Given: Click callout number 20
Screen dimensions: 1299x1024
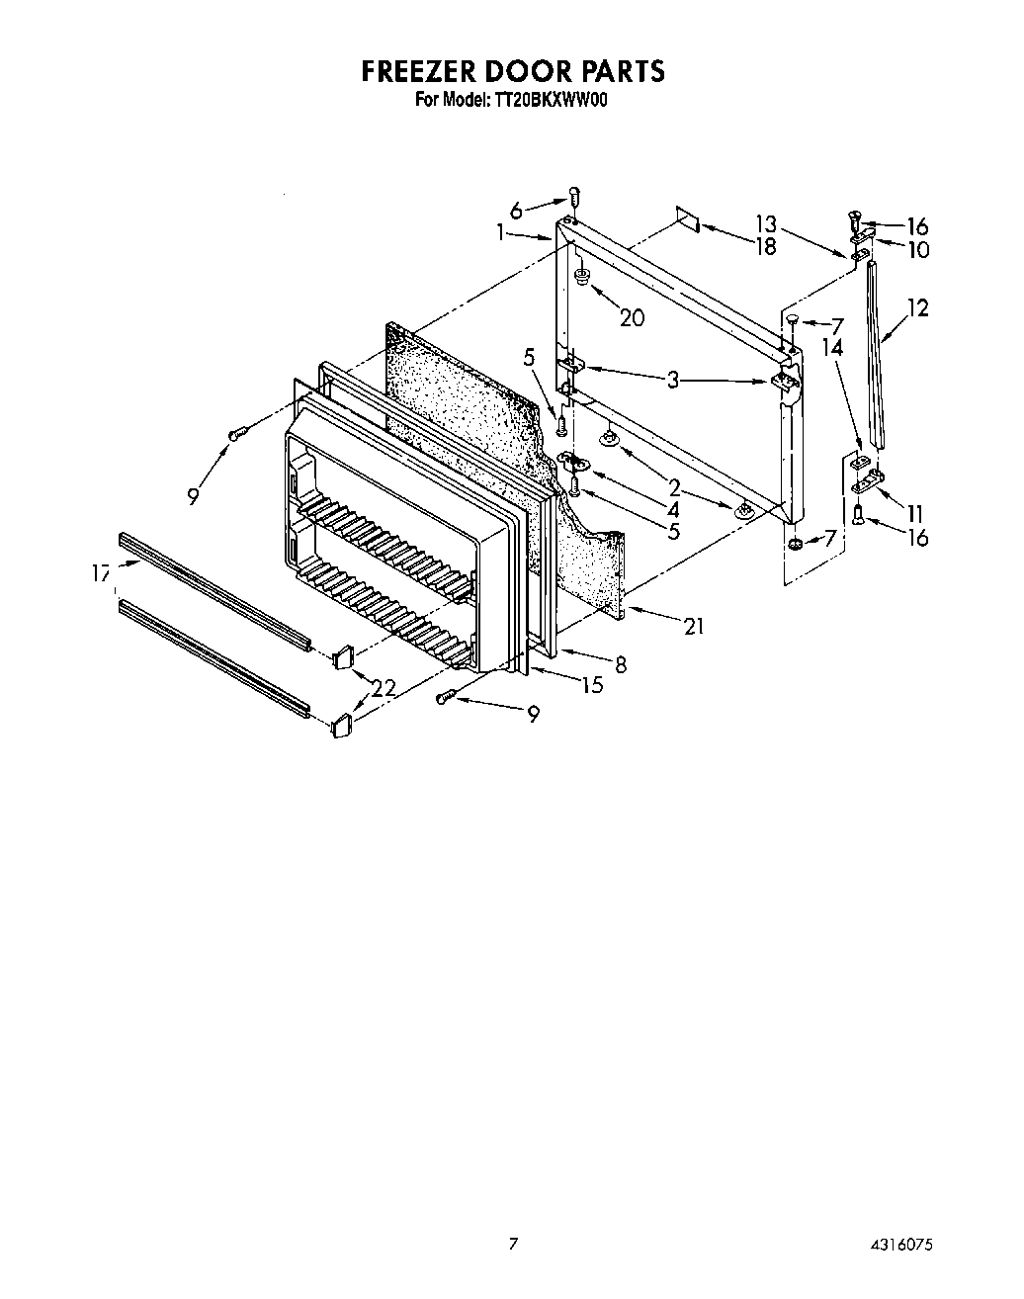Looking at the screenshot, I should click(632, 317).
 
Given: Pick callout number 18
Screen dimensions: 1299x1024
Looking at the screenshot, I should click(766, 246).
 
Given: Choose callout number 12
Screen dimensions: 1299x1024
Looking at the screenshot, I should click(918, 308).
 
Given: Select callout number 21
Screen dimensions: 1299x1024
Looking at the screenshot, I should click(694, 625).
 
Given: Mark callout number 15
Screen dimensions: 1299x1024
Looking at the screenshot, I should click(592, 685).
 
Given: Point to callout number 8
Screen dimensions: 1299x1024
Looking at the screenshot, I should click(620, 665).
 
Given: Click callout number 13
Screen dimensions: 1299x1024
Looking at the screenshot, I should click(766, 223).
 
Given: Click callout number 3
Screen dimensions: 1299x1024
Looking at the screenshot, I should click(673, 379).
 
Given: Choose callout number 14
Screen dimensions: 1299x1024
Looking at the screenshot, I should click(832, 347).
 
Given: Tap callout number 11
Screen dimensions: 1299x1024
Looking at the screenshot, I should click(914, 513).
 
